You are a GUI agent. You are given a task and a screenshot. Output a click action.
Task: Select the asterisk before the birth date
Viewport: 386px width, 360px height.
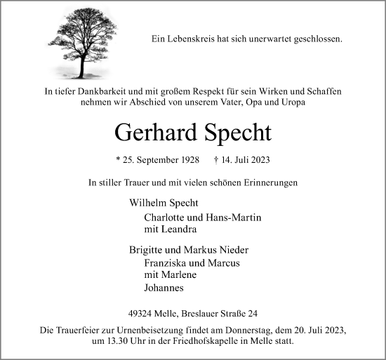point(117,161)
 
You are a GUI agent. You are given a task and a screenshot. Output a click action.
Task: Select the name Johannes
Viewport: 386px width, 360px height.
point(165,287)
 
